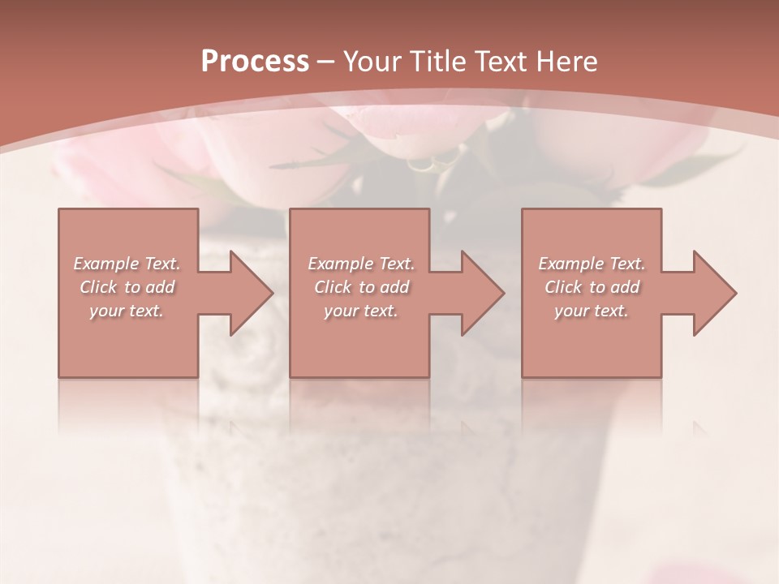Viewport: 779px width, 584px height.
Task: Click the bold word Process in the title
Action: [255, 62]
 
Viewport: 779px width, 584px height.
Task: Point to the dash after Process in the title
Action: [326, 62]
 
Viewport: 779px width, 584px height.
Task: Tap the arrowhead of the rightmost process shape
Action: [713, 293]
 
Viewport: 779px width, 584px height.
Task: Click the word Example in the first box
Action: [106, 264]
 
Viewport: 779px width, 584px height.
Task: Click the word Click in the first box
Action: [97, 287]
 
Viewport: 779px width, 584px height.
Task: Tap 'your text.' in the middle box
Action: [361, 311]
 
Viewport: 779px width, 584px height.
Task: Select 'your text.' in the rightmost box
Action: [592, 311]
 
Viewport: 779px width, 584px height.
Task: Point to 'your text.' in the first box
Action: [127, 311]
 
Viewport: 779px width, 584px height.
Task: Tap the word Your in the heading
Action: [370, 62]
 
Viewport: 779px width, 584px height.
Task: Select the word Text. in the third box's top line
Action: [626, 264]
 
